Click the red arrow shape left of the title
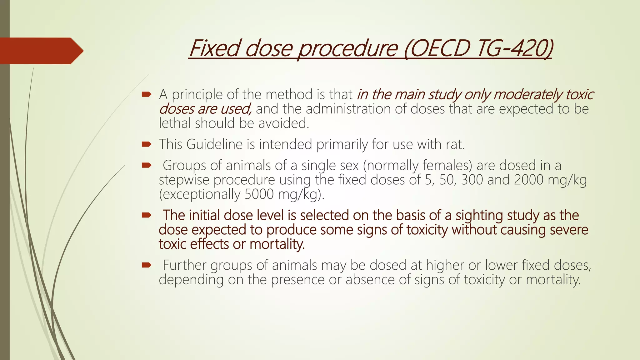[x=41, y=51]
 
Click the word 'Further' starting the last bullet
[x=184, y=265]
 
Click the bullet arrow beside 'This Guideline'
[x=146, y=144]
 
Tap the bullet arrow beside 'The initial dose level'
[x=146, y=215]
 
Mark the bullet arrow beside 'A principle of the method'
[x=146, y=94]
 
